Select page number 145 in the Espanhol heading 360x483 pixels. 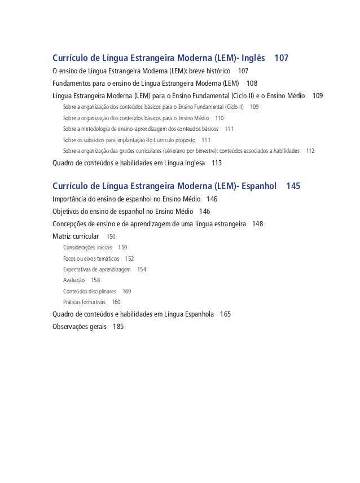(293, 186)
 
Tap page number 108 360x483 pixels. (252, 84)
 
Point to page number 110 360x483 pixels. (219, 118)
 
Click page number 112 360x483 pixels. (310, 151)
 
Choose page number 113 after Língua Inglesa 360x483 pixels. (216, 163)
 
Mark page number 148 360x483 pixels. (258, 223)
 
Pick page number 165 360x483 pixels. (225, 314)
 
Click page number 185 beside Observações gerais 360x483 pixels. (118, 326)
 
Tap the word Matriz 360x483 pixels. (62, 236)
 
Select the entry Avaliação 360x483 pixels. (74, 280)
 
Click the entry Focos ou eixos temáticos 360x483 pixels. (91, 258)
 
